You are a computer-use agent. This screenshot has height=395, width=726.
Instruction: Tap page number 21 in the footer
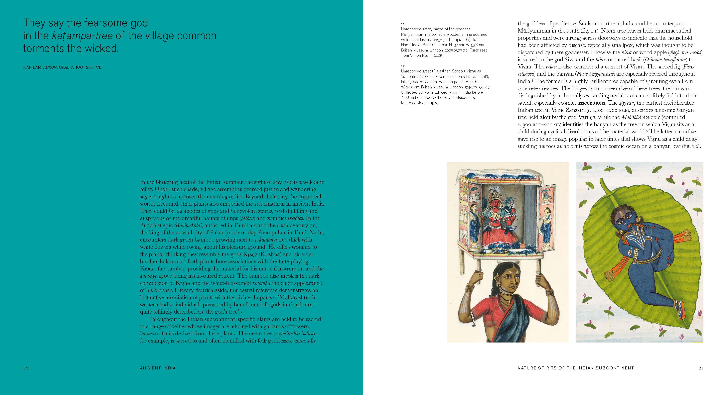click(701, 368)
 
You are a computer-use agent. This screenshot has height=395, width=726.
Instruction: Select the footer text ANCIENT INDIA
click(158, 368)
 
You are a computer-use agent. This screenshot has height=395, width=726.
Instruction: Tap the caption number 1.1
click(402, 24)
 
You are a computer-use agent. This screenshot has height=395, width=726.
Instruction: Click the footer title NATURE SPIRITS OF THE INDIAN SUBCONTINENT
click(575, 368)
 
